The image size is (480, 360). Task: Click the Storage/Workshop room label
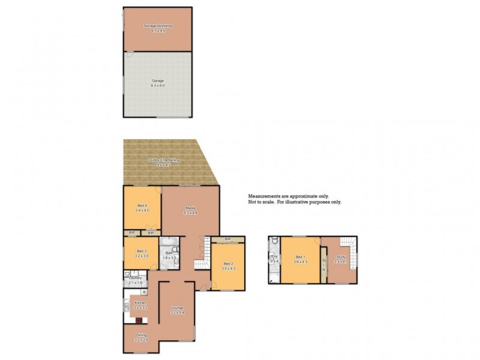pos(158,27)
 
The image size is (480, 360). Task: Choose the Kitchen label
pos(141,304)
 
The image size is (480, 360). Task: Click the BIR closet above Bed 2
pos(228,239)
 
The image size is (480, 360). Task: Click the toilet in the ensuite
pos(274,241)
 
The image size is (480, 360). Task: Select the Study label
pos(341,259)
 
